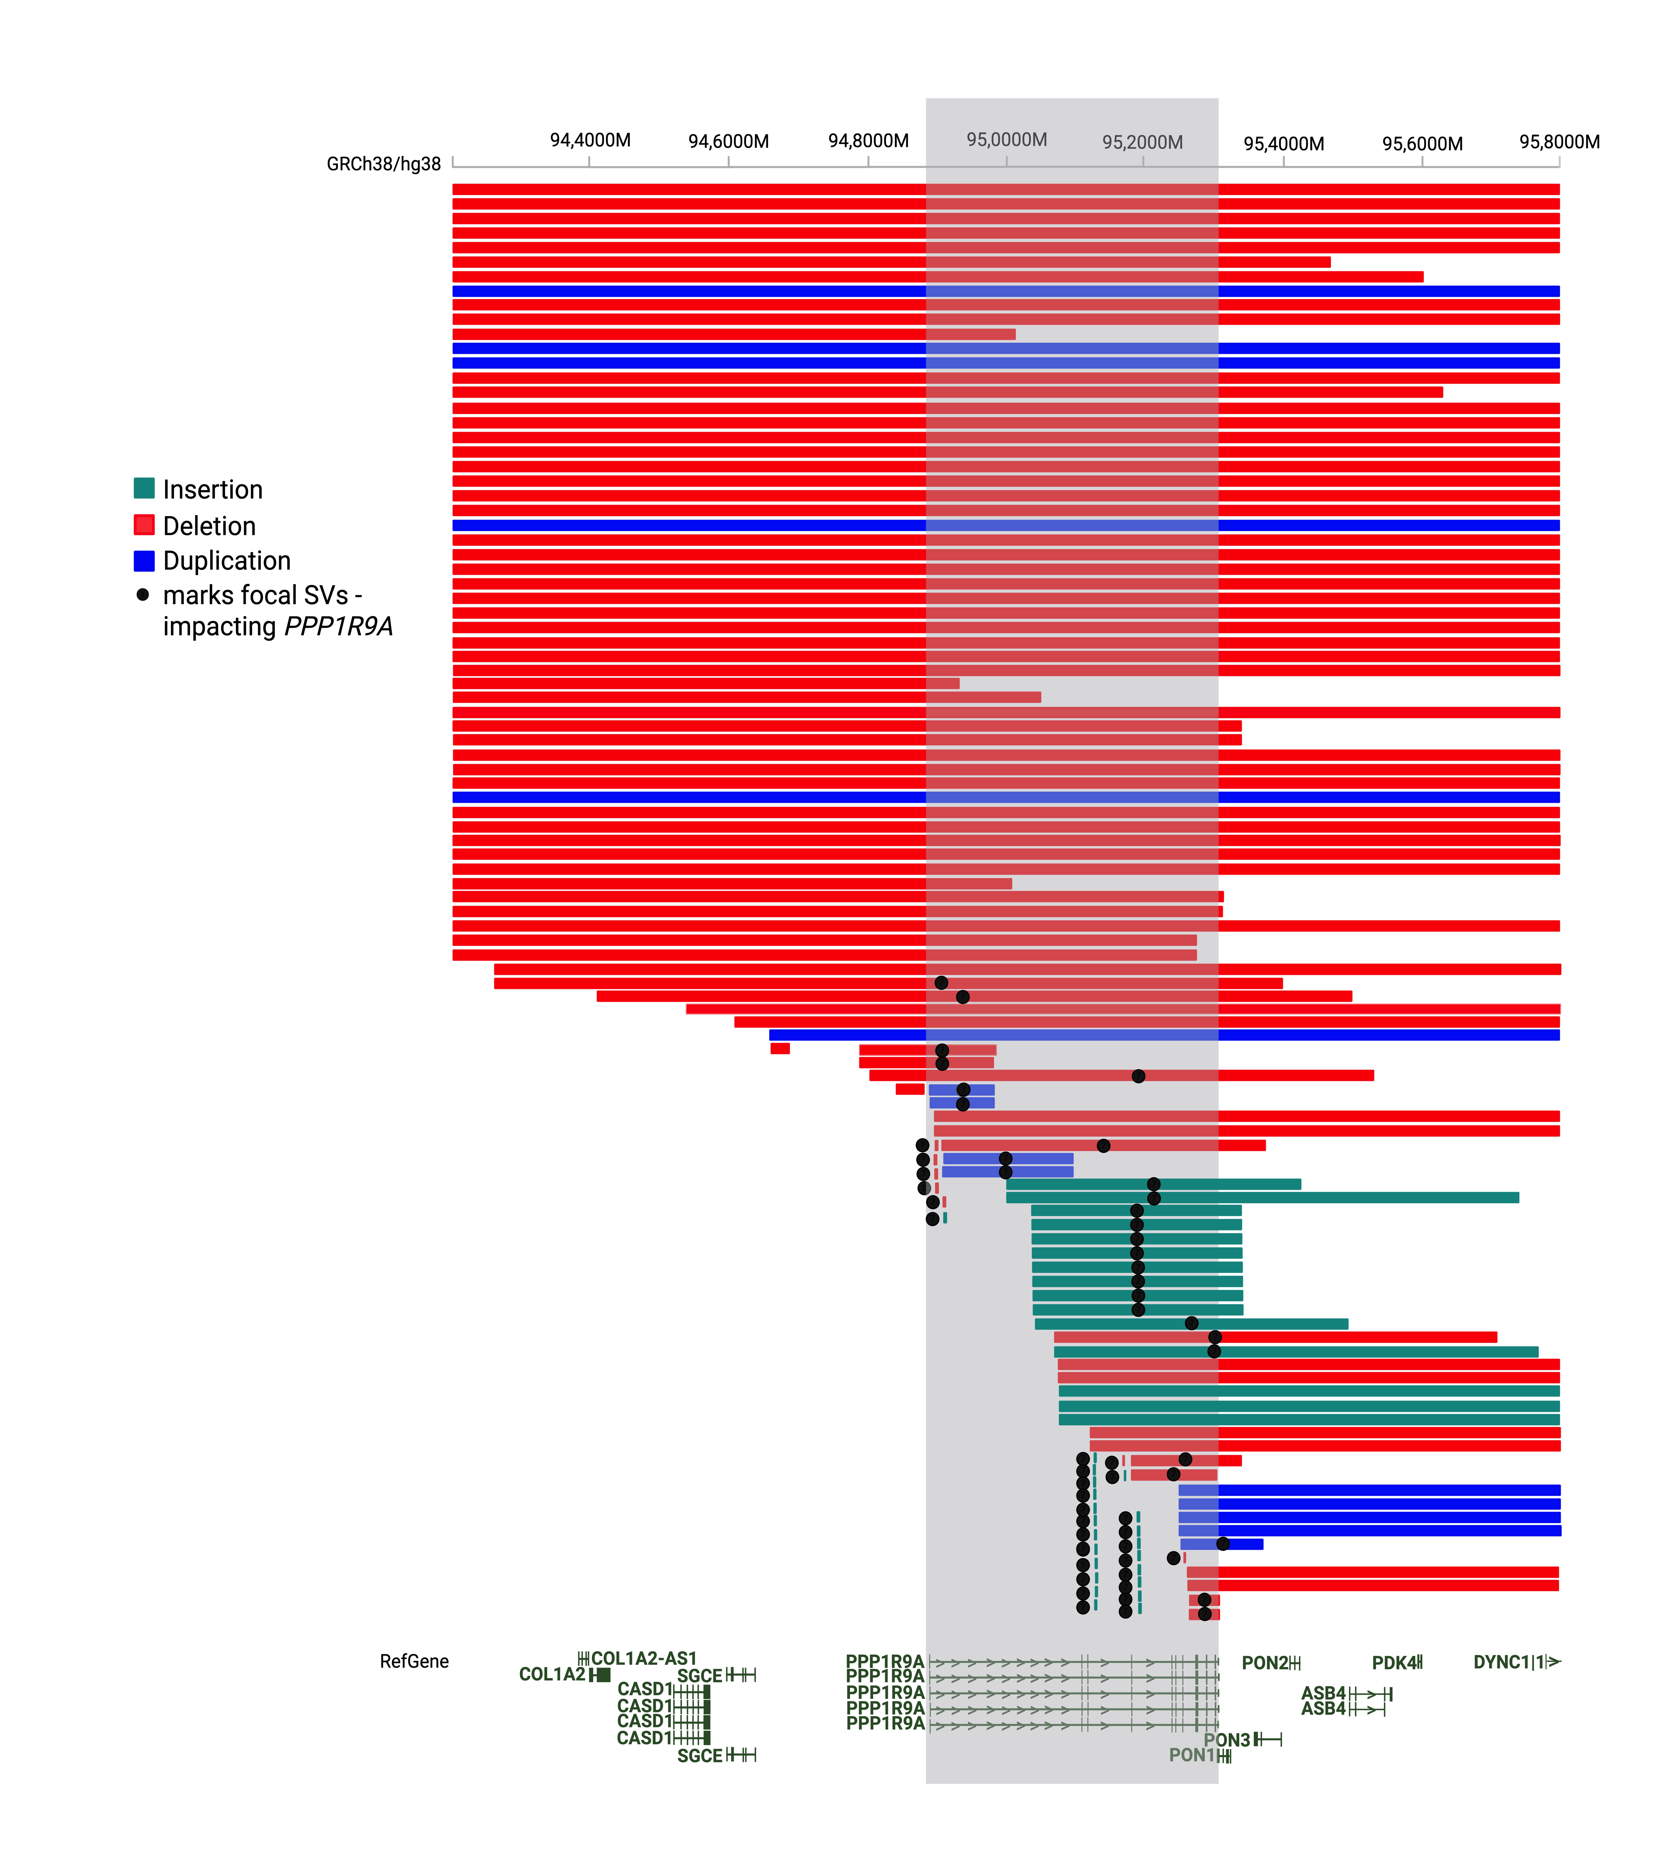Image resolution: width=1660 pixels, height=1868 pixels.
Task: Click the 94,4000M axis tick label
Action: tap(590, 140)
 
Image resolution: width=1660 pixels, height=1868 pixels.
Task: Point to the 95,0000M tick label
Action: tap(1006, 140)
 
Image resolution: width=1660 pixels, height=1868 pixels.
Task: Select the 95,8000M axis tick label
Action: tap(1559, 142)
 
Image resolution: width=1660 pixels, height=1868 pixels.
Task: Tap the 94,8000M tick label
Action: tap(868, 141)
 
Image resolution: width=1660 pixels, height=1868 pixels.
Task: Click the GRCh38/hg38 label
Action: tap(384, 165)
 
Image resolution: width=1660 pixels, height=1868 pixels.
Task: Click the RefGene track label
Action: tap(414, 1661)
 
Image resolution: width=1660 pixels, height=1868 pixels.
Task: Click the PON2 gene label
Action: tap(1264, 1663)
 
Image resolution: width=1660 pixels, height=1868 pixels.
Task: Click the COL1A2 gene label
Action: tap(552, 1674)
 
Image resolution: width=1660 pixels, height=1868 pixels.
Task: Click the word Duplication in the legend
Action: tap(227, 560)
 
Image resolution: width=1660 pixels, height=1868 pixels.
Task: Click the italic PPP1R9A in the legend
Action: tap(338, 627)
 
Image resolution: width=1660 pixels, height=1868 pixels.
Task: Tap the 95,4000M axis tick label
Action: tap(1283, 143)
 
